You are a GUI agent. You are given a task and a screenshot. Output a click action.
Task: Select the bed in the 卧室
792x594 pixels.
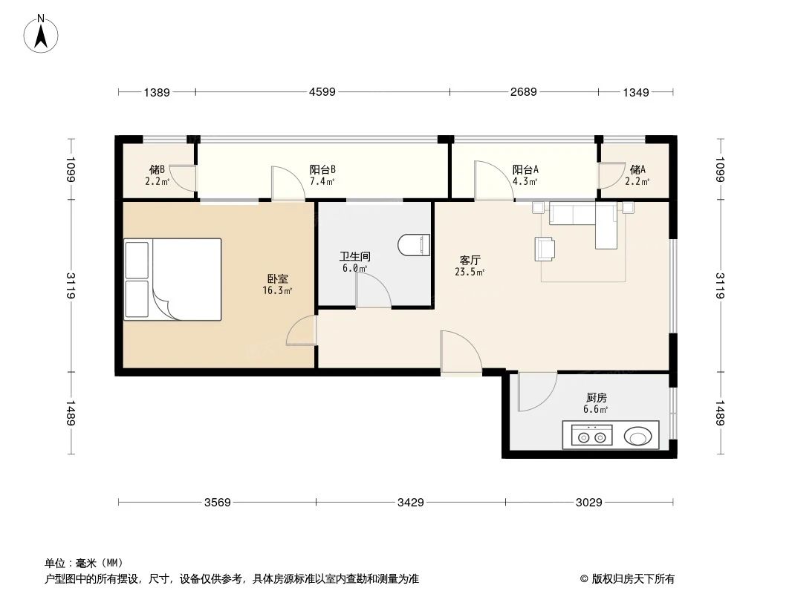click(173, 279)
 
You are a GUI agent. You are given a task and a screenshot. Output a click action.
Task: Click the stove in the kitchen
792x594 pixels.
click(591, 434)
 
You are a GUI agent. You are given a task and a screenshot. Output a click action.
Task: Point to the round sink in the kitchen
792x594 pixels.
click(640, 434)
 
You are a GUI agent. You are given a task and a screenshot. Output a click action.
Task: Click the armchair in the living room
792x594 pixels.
click(546, 249)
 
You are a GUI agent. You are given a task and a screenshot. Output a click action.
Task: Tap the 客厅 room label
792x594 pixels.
click(470, 261)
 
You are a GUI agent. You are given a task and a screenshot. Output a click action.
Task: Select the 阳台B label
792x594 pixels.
click(322, 169)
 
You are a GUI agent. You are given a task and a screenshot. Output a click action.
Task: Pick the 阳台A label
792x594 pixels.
click(525, 169)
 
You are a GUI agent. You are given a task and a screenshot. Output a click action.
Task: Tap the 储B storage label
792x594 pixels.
click(157, 169)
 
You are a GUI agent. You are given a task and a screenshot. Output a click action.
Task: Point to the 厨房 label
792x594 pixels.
click(596, 398)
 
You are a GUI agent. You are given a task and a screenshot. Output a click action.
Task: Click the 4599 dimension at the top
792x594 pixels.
click(322, 93)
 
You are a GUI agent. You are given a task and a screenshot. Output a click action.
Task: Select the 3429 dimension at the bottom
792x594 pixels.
click(410, 503)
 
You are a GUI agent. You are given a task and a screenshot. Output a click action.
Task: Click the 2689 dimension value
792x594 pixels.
click(523, 93)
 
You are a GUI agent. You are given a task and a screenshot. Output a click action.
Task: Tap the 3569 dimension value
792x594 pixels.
click(218, 503)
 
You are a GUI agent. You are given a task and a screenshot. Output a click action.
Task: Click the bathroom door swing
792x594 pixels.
click(374, 290)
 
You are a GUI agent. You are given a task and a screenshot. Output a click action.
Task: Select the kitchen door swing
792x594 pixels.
click(536, 391)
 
